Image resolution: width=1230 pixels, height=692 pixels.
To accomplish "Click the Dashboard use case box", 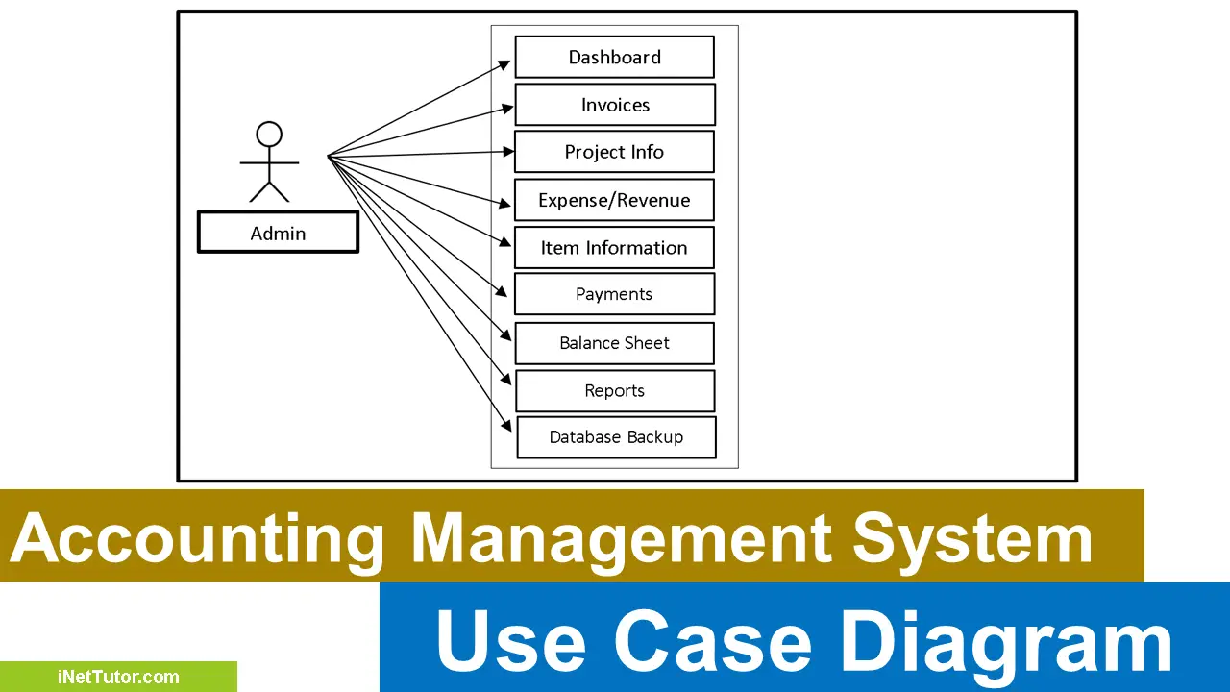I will click(x=614, y=57).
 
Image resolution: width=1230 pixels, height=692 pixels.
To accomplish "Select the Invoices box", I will click(x=615, y=105).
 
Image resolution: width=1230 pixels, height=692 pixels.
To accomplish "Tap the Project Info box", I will click(x=614, y=152).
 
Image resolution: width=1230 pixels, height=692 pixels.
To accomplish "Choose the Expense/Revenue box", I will click(x=614, y=200).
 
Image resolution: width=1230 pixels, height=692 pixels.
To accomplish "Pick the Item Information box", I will click(x=614, y=247).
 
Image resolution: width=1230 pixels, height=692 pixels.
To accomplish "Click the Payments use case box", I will click(x=614, y=294).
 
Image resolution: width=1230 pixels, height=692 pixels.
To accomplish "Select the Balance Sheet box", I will click(x=614, y=343).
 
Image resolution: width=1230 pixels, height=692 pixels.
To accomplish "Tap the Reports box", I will click(x=615, y=391).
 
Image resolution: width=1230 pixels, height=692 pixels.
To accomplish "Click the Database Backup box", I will click(x=616, y=437).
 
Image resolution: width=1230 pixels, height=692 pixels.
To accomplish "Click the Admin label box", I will click(x=278, y=233).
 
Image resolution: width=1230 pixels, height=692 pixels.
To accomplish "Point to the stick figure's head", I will click(x=269, y=134).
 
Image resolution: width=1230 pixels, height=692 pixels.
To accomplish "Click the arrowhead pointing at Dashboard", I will click(x=505, y=63).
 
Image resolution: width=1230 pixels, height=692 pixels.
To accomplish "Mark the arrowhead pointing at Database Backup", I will click(x=506, y=425).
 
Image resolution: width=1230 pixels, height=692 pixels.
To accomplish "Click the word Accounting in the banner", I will click(x=197, y=537).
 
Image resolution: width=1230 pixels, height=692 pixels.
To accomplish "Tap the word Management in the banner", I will click(x=623, y=537).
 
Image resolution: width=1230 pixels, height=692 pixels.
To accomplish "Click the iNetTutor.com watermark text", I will click(x=118, y=678).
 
